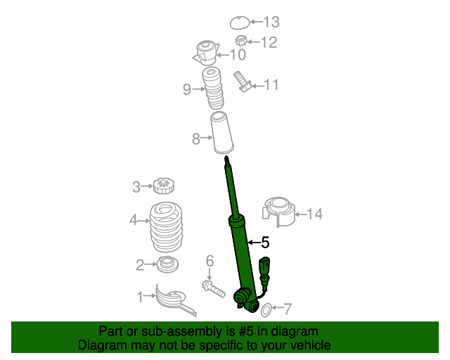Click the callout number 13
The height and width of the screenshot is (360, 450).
pyautogui.click(x=271, y=22)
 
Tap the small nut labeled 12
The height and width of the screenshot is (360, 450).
pyautogui.click(x=240, y=41)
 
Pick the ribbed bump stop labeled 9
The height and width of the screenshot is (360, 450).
pyautogui.click(x=212, y=88)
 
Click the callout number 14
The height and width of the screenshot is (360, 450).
pyautogui.click(x=314, y=214)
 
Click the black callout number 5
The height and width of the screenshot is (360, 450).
pyautogui.click(x=265, y=243)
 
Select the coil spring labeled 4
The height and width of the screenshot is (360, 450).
pyautogui.click(x=166, y=226)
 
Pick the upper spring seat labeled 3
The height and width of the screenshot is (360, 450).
pyautogui.click(x=163, y=186)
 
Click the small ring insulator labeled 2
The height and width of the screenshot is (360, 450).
pyautogui.click(x=167, y=265)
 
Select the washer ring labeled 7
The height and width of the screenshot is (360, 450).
pyautogui.click(x=266, y=309)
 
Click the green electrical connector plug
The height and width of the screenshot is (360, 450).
pyautogui.click(x=264, y=268)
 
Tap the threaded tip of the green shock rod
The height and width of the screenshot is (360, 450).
pyautogui.click(x=226, y=162)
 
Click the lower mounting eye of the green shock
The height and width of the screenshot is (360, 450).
pyautogui.click(x=245, y=301)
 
